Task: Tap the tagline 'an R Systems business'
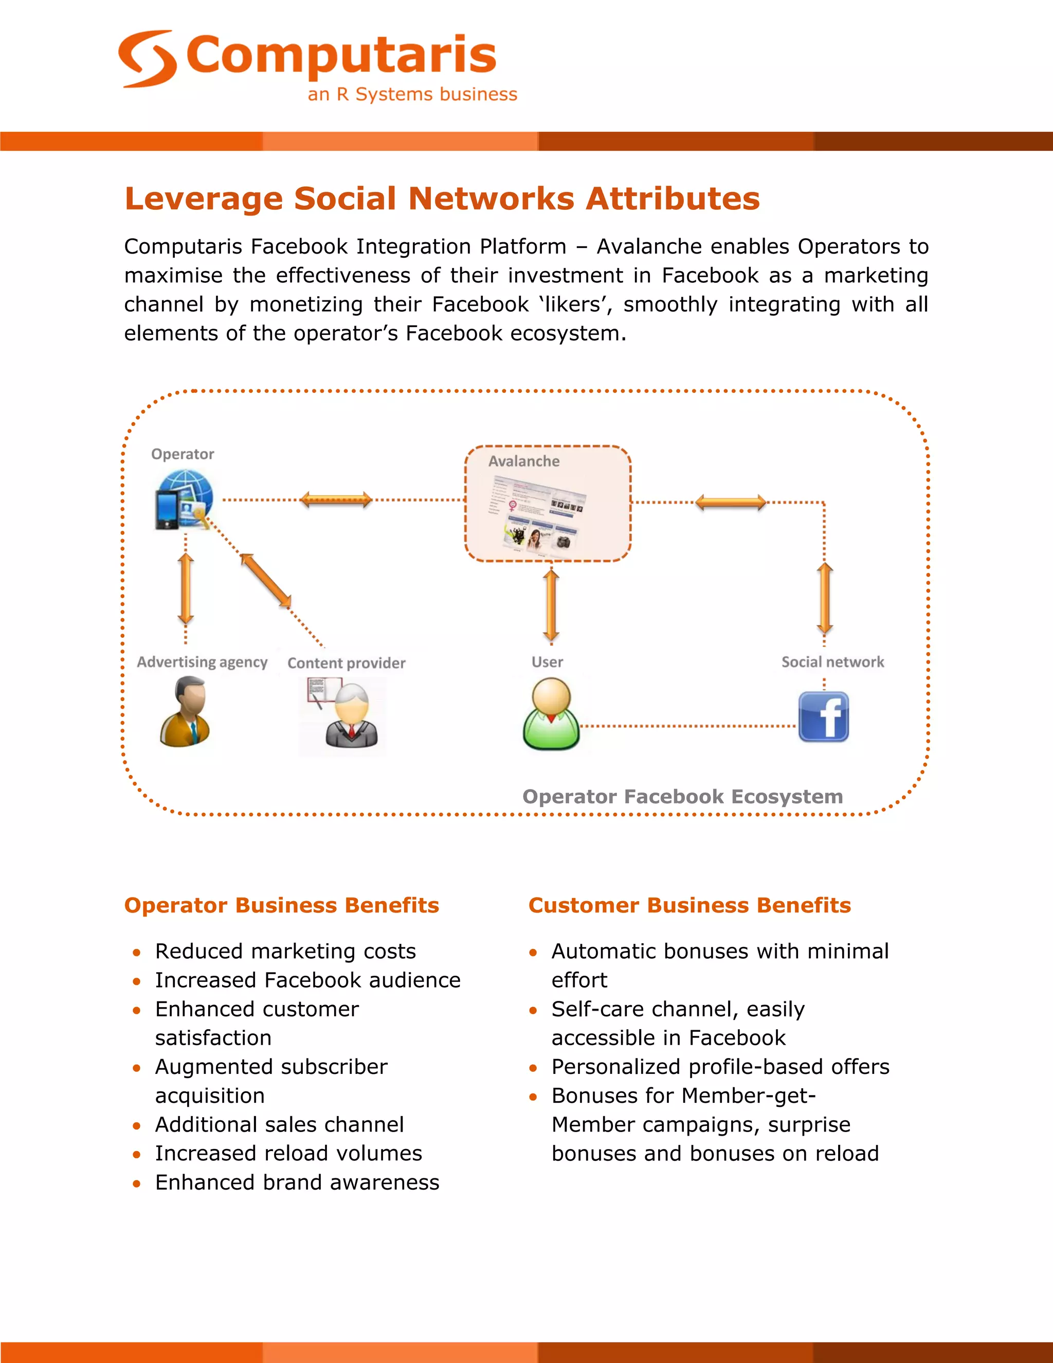coord(412,94)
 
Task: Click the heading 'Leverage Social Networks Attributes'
coord(442,199)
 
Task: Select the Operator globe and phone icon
coord(184,500)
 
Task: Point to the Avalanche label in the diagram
coord(523,461)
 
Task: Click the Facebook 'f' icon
coord(824,716)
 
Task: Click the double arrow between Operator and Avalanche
coord(336,499)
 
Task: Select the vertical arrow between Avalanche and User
coord(551,605)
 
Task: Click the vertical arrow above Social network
coord(825,598)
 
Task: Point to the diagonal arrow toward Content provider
coord(266,580)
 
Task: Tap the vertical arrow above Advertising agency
coord(185,588)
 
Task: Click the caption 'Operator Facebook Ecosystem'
coord(682,797)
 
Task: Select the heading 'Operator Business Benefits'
coord(281,905)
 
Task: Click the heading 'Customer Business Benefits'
coord(689,905)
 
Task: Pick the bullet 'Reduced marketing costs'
coord(285,951)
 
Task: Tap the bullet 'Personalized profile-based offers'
coord(720,1067)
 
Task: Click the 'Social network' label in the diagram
coord(833,661)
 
